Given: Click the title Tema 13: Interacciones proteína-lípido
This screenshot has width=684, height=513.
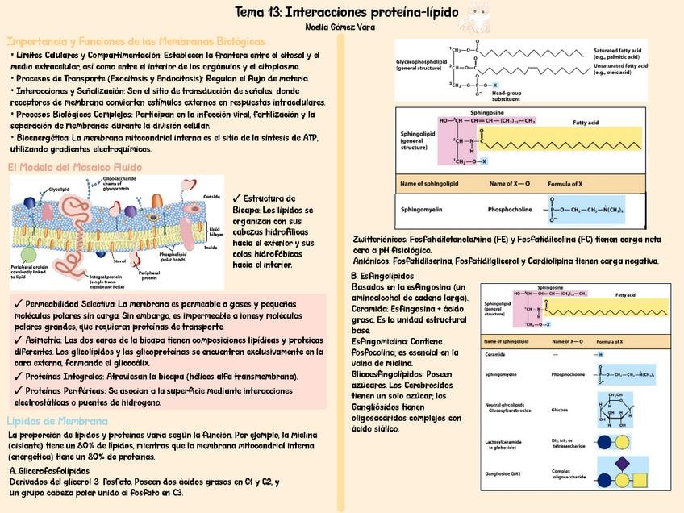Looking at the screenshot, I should (x=347, y=13).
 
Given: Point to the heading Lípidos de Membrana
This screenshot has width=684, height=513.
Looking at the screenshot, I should (x=56, y=421).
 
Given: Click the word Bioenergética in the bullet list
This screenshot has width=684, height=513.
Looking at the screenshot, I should (x=40, y=138).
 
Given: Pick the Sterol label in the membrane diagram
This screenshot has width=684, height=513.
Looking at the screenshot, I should (x=119, y=261).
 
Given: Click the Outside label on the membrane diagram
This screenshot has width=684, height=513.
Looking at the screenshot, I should (x=212, y=196).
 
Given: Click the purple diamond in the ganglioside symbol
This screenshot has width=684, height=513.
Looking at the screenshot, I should (x=622, y=464).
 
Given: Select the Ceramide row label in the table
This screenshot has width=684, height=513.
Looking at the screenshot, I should (x=495, y=354).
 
